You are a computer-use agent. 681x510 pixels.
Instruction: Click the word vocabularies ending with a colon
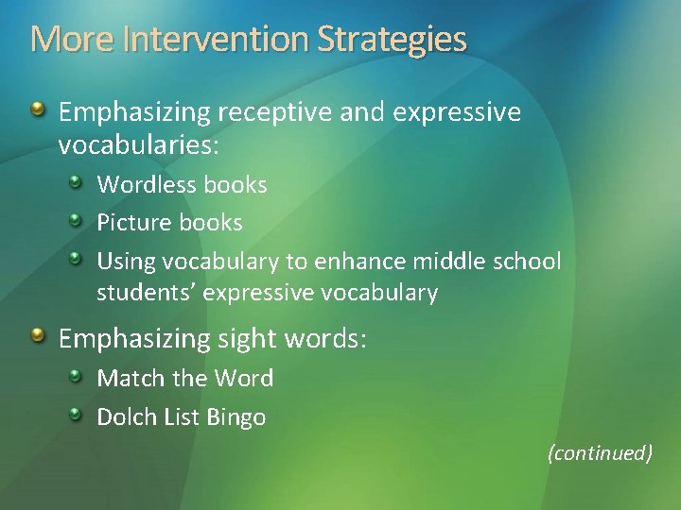coord(138,145)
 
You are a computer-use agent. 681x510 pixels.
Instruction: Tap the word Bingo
coord(236,417)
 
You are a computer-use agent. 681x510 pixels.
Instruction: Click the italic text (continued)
coord(600,453)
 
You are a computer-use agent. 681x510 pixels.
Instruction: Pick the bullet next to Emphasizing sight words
coord(37,335)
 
